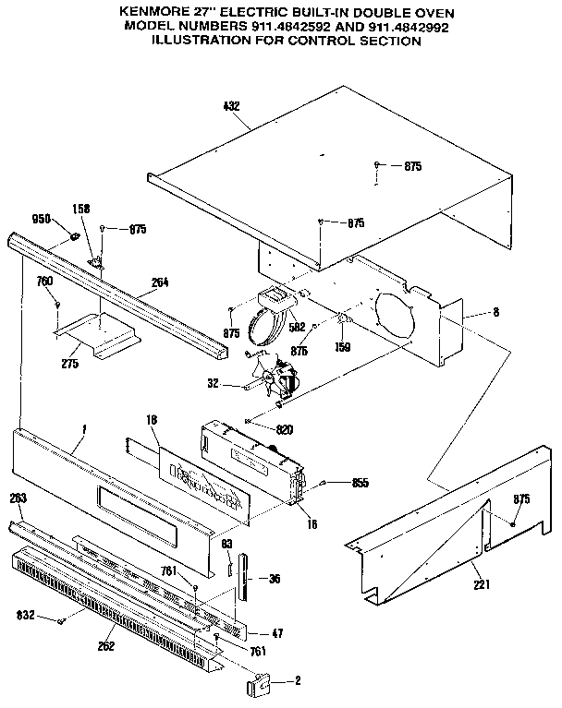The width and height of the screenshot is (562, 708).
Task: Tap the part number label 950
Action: pyautogui.click(x=41, y=220)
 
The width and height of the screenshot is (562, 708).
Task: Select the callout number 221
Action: pyautogui.click(x=481, y=583)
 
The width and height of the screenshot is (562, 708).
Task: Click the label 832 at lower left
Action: pyautogui.click(x=26, y=614)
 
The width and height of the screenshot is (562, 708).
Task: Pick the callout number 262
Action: pyautogui.click(x=105, y=645)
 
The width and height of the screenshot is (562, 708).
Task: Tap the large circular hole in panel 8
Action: pyautogui.click(x=397, y=315)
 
